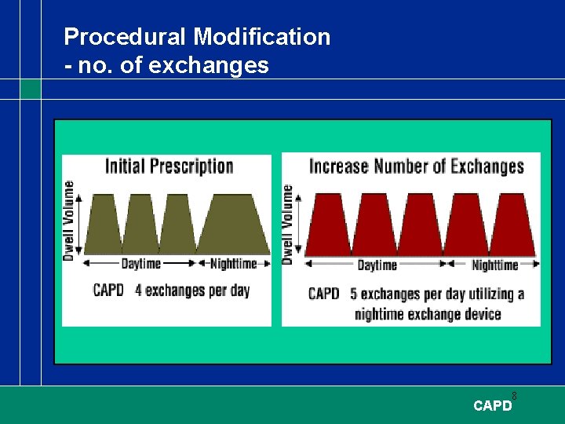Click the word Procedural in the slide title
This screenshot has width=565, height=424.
tap(126, 37)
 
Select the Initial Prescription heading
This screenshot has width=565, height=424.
tap(169, 166)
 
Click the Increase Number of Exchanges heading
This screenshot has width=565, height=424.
tap(416, 166)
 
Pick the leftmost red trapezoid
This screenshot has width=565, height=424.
tap(328, 224)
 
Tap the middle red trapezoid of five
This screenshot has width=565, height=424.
tap(421, 224)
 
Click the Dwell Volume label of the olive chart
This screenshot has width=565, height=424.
tap(69, 221)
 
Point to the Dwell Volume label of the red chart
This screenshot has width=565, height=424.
tap(288, 224)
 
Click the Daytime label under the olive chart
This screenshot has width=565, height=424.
tap(140, 265)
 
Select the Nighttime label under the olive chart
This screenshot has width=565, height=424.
tap(233, 265)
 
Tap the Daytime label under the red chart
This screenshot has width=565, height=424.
tap(377, 265)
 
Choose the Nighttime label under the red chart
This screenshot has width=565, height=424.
tap(494, 265)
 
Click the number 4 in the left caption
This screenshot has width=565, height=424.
tap(138, 291)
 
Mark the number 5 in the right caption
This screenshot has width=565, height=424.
tap(353, 294)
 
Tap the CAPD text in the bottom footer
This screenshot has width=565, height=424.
tap(492, 406)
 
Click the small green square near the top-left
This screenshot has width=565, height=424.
tap(31, 89)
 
